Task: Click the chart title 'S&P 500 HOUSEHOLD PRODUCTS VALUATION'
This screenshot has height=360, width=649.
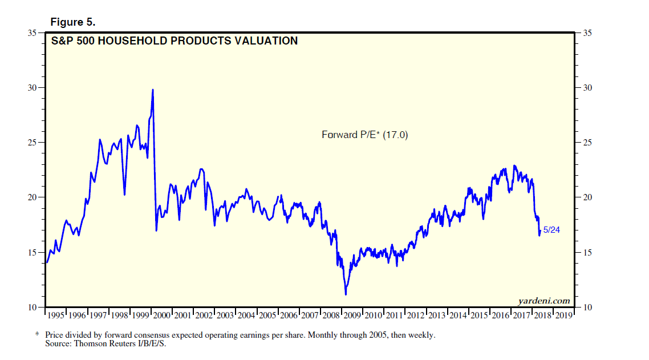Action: click(175, 41)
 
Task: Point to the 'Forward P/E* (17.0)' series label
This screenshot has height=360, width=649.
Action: click(365, 135)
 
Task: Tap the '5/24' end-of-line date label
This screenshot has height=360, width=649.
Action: click(551, 230)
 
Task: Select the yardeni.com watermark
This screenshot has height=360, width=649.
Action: click(543, 301)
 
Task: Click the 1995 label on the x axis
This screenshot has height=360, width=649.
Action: click(56, 315)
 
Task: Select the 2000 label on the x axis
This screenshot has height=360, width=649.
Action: click(162, 315)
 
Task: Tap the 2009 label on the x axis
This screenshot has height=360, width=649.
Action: click(352, 315)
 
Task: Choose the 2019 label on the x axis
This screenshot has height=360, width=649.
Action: click(563, 315)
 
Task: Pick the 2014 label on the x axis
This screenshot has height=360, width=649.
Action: click(458, 315)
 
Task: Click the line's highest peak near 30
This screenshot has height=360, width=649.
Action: click(153, 90)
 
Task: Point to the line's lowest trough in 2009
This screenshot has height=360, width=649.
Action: click(346, 294)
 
